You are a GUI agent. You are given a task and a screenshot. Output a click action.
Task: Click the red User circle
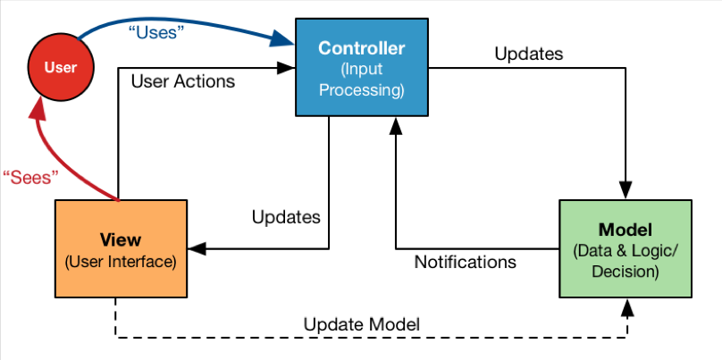61,67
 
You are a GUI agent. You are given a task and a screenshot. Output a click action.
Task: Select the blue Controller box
362,67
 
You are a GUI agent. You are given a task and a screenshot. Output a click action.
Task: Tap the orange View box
122,248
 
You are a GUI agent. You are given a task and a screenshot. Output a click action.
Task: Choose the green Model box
625,248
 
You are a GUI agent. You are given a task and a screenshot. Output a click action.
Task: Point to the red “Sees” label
31,177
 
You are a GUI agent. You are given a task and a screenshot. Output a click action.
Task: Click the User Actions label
183,81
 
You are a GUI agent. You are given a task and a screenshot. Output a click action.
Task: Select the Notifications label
465,262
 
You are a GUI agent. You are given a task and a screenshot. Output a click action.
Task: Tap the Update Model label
362,324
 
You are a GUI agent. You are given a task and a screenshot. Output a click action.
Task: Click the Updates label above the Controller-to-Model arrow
529,54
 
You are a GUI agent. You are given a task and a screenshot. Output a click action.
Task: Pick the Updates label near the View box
286,217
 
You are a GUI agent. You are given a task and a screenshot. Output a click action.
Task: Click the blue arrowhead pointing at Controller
282,39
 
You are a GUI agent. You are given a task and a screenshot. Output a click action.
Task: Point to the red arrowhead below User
38,110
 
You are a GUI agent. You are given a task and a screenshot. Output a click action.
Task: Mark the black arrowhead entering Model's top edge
625,189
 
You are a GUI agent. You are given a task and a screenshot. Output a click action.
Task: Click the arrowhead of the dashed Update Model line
626,307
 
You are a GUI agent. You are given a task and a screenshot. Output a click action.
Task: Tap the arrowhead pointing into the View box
197,249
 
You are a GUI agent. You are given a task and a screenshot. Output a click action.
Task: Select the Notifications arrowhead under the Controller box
396,125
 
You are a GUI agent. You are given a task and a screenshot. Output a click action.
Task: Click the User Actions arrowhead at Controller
286,68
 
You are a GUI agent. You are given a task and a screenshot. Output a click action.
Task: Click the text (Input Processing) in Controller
362,80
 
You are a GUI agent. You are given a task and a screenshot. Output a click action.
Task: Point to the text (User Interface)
121,261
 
